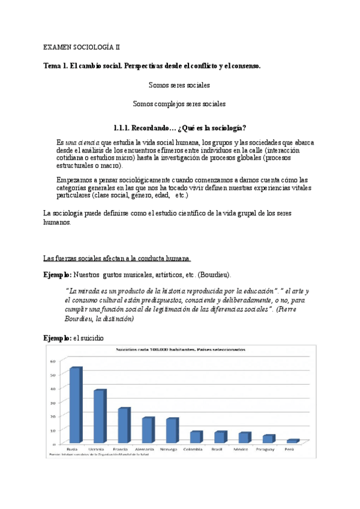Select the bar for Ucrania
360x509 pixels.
tap(100, 417)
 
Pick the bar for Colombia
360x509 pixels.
tap(196, 437)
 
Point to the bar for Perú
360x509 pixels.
tap(292, 441)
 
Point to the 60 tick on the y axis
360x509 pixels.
tap(53, 361)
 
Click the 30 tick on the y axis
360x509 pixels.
tap(53, 402)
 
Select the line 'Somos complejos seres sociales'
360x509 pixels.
tap(179, 104)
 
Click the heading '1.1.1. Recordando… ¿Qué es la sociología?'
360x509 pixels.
tap(179, 128)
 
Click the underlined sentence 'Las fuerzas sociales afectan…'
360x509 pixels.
tap(117, 258)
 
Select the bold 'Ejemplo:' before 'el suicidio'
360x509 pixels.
tap(57, 338)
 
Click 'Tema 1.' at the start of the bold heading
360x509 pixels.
tap(58, 65)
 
